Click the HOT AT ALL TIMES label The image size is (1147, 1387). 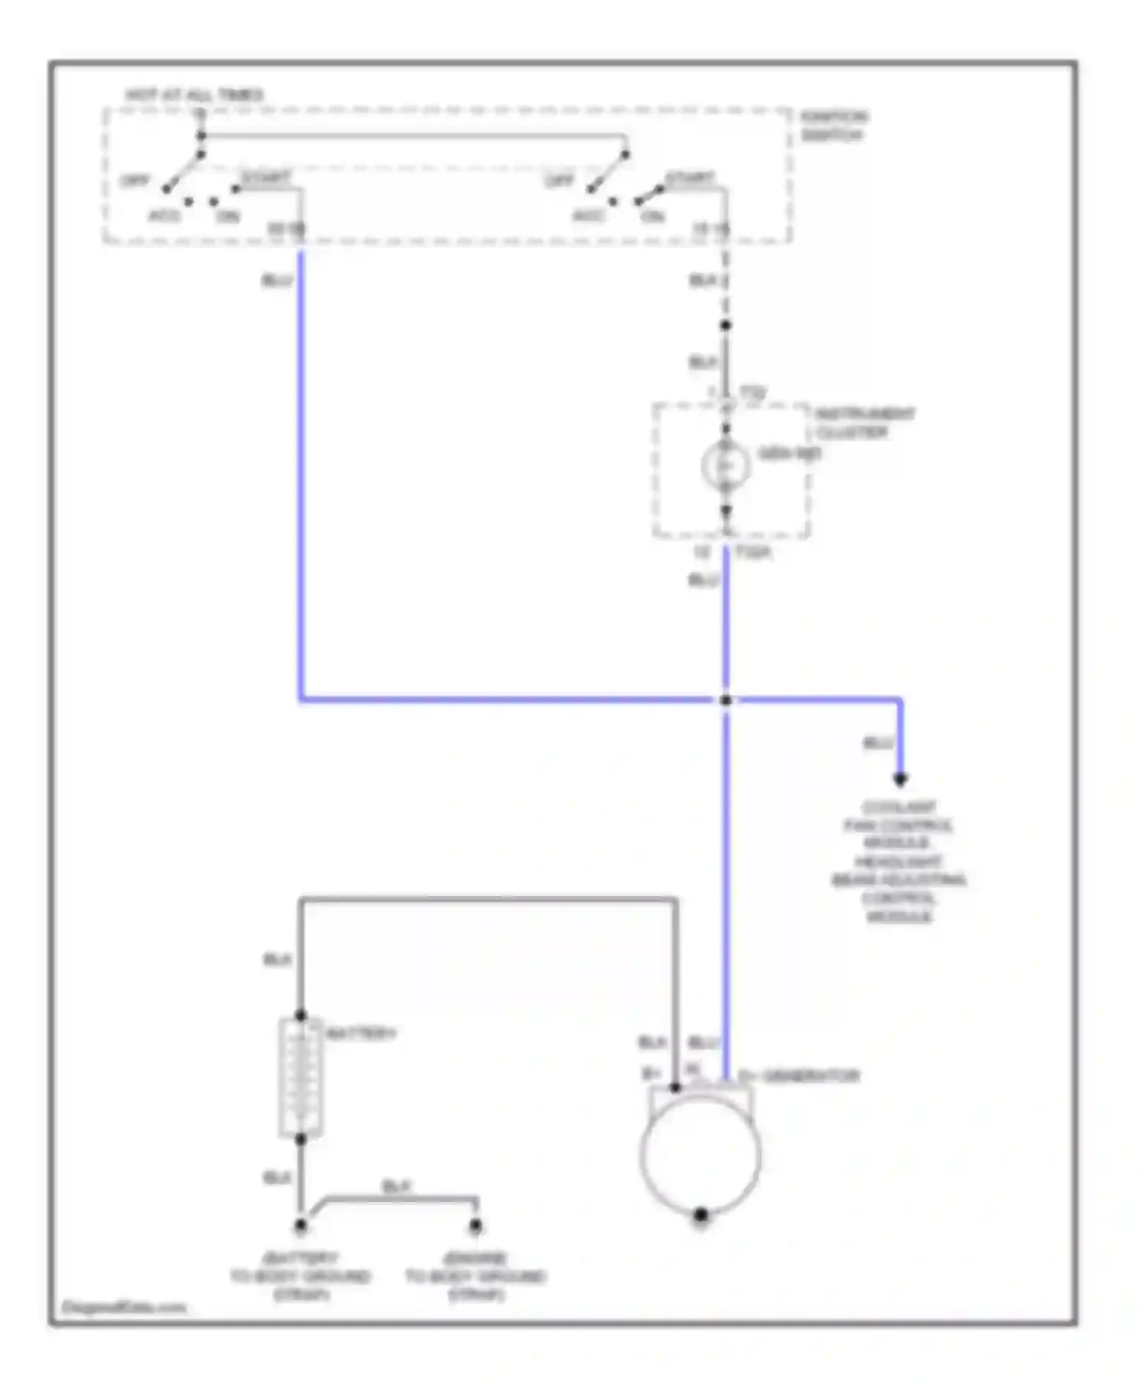coord(193,96)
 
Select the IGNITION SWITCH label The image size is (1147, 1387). coord(833,126)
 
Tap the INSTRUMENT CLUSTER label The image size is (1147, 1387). coord(864,423)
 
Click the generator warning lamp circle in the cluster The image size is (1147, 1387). coord(725,465)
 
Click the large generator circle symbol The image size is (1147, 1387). coord(700,1155)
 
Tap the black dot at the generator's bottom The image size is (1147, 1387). coord(700,1214)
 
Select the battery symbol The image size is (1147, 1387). coord(301,1078)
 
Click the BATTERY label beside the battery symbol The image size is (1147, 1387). coord(361,1034)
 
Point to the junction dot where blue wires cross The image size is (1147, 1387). coord(726,700)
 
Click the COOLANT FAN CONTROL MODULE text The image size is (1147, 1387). coord(898,825)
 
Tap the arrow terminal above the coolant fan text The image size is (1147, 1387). coord(901,779)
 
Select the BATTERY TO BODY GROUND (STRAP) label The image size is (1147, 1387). coord(301,1276)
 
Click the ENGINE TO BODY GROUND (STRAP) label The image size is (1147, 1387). coord(475,1276)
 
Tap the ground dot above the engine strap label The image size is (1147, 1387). coord(475,1226)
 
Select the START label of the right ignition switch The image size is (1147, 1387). coord(690,178)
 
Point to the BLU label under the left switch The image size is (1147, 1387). coord(277,281)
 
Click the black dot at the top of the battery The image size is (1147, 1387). coord(301,1015)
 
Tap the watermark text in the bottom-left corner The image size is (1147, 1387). coord(124,1307)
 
